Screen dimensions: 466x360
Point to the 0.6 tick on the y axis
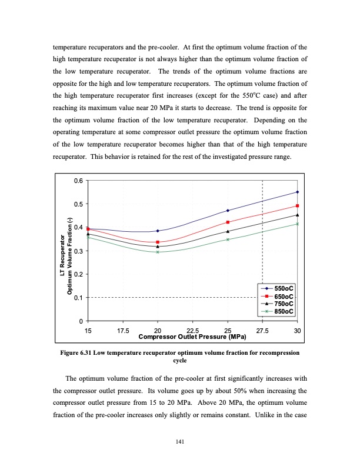(x=78, y=181)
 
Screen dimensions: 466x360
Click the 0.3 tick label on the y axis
(x=78, y=251)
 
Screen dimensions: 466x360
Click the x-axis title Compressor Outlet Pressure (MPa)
(x=191, y=338)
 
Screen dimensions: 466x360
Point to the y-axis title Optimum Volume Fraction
(x=69, y=247)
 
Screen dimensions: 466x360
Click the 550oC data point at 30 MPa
(x=297, y=192)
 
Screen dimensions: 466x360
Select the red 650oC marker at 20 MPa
(x=158, y=242)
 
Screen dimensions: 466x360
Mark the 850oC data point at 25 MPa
(x=228, y=239)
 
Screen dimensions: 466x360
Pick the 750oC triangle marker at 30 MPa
(x=297, y=215)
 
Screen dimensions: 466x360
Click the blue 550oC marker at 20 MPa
(x=158, y=231)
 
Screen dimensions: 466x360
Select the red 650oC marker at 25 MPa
(x=228, y=222)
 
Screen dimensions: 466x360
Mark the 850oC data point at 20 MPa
(x=158, y=252)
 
